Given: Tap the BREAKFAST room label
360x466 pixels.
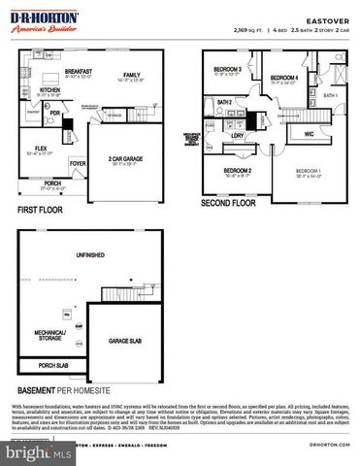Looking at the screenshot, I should [80, 71].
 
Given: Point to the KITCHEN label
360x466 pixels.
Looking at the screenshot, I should [50, 89].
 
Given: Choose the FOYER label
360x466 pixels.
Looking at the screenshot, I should [79, 163].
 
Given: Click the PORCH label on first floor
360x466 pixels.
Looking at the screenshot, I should [52, 182].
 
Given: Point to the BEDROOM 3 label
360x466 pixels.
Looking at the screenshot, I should [227, 69].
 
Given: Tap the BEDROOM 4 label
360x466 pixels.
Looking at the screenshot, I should [283, 77].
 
